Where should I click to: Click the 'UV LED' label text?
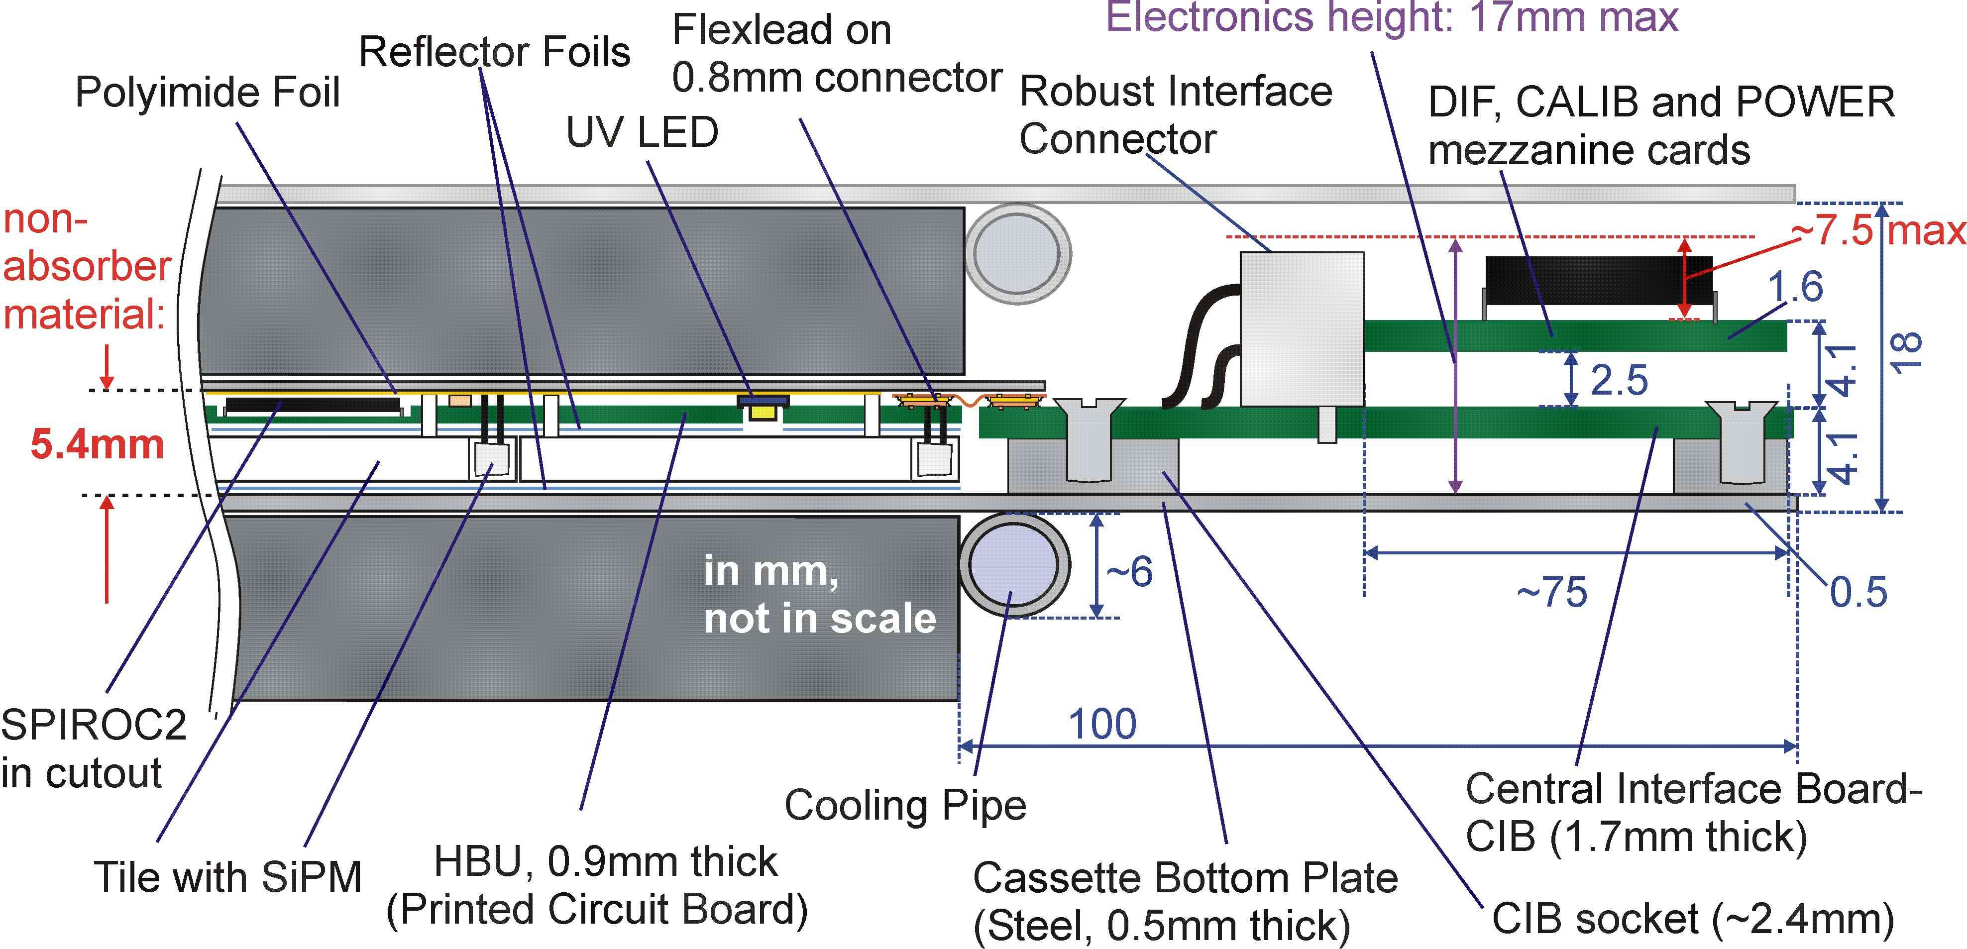coord(642,133)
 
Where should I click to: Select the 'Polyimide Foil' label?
coord(207,93)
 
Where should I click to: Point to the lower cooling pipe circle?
coord(1013,566)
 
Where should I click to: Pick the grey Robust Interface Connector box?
coord(1301,328)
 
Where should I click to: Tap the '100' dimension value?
coord(1102,724)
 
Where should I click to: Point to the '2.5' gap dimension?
coord(1619,380)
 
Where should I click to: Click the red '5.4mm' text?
coord(97,444)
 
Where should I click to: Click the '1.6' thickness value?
coord(1795,287)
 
